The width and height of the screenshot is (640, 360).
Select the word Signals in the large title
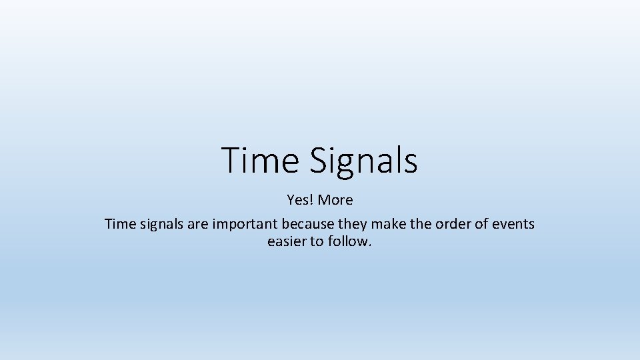[x=363, y=161]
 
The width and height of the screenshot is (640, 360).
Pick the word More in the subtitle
[x=335, y=199]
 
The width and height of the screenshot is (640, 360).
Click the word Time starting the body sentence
[x=120, y=224]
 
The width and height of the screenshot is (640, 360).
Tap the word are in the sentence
[x=198, y=224]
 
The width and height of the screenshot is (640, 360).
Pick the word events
[x=514, y=224]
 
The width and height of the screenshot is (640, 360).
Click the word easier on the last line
[x=287, y=241]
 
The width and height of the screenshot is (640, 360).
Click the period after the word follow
[x=369, y=245]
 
